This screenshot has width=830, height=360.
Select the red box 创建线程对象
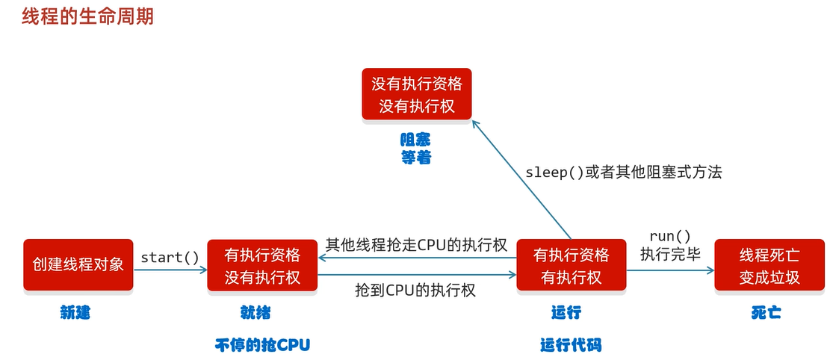click(78, 265)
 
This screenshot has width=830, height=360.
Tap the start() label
click(170, 258)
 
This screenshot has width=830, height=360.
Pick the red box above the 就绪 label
click(262, 266)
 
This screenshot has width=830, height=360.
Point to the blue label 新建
click(75, 313)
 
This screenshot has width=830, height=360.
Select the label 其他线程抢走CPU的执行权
click(416, 245)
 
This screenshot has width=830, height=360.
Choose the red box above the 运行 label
click(572, 266)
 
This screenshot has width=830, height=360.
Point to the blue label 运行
click(566, 312)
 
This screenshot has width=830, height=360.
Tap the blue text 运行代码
click(571, 344)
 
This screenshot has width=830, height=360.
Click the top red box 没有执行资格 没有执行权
click(416, 94)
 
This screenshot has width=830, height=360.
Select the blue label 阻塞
click(416, 140)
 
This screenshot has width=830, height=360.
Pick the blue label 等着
click(416, 158)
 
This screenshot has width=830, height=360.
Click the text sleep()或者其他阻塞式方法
click(624, 172)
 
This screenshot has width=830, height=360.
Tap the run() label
click(670, 236)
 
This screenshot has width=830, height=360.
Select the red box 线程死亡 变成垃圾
click(769, 266)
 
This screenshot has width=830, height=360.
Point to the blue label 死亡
click(766, 313)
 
